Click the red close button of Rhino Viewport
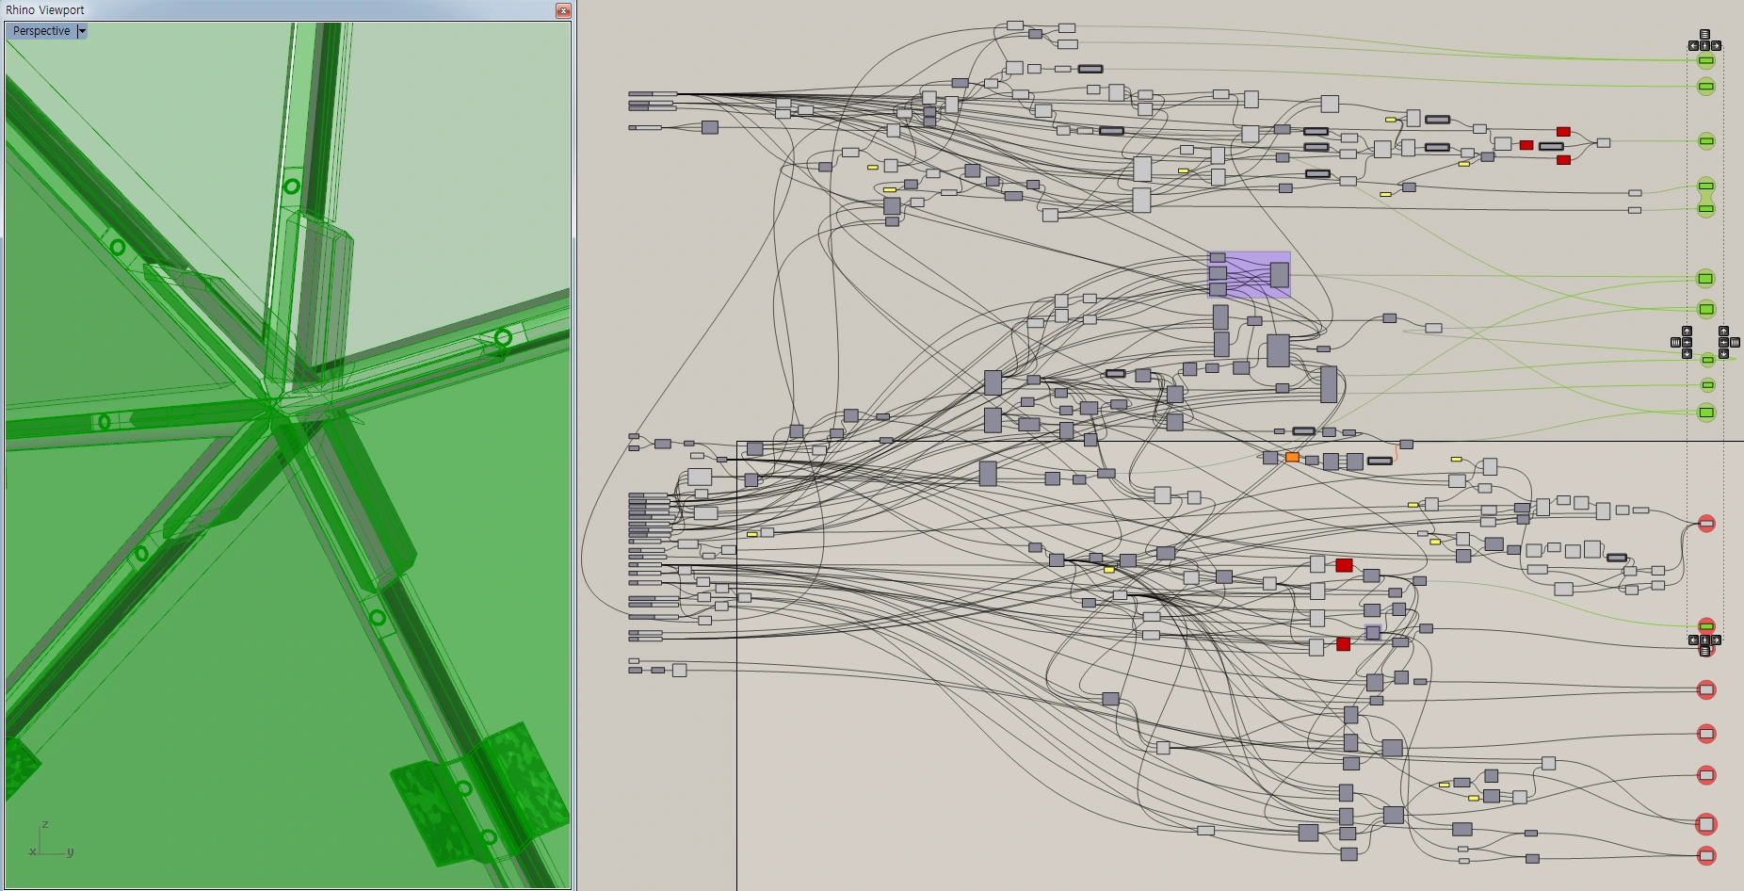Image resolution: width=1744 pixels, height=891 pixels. (563, 10)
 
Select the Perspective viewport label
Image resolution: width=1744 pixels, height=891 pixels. (41, 31)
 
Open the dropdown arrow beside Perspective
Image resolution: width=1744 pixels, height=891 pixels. (82, 31)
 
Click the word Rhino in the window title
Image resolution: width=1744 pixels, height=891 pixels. (21, 10)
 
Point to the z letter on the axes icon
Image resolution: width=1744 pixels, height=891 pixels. (44, 824)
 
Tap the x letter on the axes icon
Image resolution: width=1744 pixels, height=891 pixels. (33, 851)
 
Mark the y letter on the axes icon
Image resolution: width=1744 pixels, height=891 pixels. (70, 851)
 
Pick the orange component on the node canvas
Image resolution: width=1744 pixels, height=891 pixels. (1292, 458)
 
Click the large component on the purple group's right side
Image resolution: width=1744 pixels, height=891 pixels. (1279, 275)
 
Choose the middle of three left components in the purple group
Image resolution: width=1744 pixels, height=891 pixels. (1218, 273)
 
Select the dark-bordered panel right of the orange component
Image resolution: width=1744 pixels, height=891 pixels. (1380, 461)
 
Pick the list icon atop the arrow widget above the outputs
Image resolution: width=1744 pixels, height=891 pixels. (1704, 35)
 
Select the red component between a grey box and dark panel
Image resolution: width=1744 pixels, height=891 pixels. (1526, 145)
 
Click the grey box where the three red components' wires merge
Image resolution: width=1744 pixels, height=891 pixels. (1603, 143)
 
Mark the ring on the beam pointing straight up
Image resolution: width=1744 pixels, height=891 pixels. (292, 186)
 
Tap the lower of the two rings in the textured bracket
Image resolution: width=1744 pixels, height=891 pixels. (489, 836)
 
